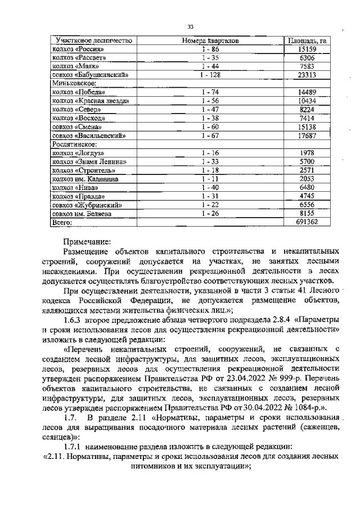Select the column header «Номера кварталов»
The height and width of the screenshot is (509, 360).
[x=210, y=40]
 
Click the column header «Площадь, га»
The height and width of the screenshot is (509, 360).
[x=307, y=40]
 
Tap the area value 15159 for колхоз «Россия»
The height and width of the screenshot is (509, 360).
[x=307, y=49]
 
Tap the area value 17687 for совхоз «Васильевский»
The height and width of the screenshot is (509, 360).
[x=307, y=136]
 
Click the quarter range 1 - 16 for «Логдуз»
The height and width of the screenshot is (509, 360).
[x=210, y=153]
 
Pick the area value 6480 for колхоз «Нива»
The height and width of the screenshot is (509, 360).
[x=307, y=187]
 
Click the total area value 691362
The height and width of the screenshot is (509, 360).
[x=307, y=222]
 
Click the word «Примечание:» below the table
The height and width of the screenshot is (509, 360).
[x=87, y=240]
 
